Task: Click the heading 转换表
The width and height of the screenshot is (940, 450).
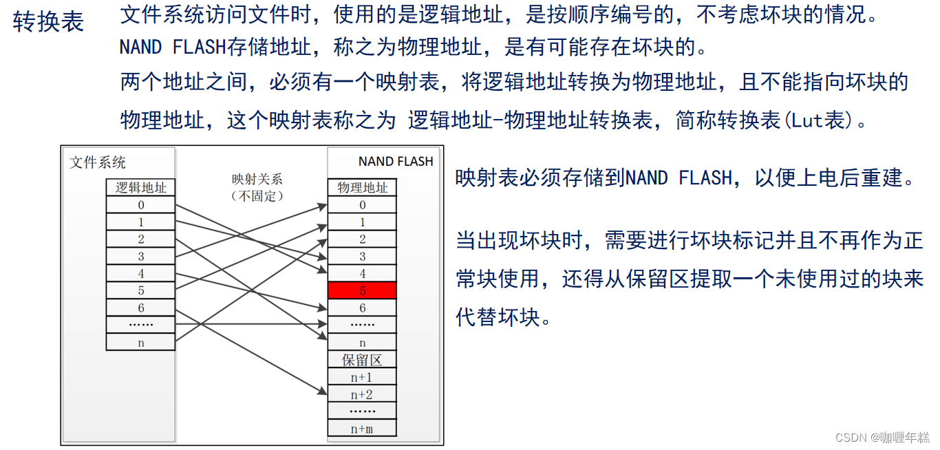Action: (48, 22)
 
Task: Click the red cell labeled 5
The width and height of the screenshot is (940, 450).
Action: (362, 290)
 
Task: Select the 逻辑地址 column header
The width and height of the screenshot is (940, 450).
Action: (141, 187)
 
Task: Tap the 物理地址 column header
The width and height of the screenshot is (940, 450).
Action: (362, 187)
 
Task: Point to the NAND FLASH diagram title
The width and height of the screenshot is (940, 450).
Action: (396, 162)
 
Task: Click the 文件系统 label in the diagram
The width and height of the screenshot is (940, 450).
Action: (98, 162)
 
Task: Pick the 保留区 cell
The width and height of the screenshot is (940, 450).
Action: (362, 359)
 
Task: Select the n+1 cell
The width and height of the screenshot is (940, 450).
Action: (362, 377)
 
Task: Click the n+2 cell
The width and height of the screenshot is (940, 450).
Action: (362, 394)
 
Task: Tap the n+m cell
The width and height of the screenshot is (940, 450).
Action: (362, 429)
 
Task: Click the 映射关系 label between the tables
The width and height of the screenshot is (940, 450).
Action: (257, 180)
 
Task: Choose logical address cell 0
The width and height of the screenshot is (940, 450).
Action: (141, 205)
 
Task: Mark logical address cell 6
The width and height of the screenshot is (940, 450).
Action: (141, 308)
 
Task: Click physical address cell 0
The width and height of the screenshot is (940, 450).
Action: (362, 205)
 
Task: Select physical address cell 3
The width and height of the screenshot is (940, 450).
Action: (362, 257)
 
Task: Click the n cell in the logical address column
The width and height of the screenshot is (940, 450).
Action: (141, 342)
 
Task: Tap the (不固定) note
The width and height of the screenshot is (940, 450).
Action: (257, 195)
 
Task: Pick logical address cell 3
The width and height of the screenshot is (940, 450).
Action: (141, 257)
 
